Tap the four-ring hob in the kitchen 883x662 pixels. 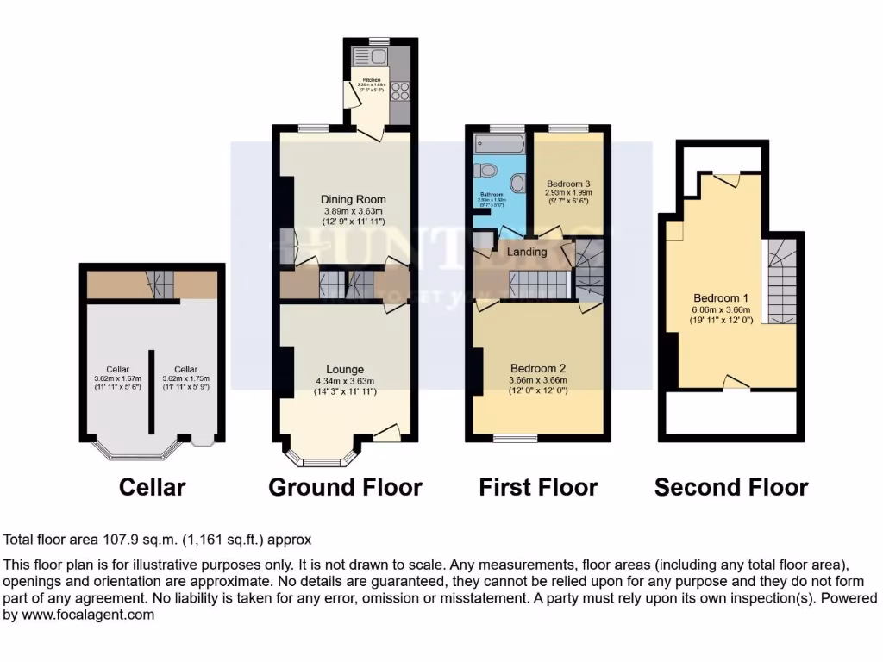tap(400, 89)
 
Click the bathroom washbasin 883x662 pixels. tap(518, 183)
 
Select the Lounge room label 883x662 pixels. tap(345, 370)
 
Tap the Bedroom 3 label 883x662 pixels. tap(568, 184)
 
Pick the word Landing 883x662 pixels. tap(526, 252)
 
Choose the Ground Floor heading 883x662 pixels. tap(345, 487)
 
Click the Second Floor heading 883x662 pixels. tap(731, 487)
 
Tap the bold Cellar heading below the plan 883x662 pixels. tap(152, 487)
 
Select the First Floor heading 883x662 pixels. tap(538, 487)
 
